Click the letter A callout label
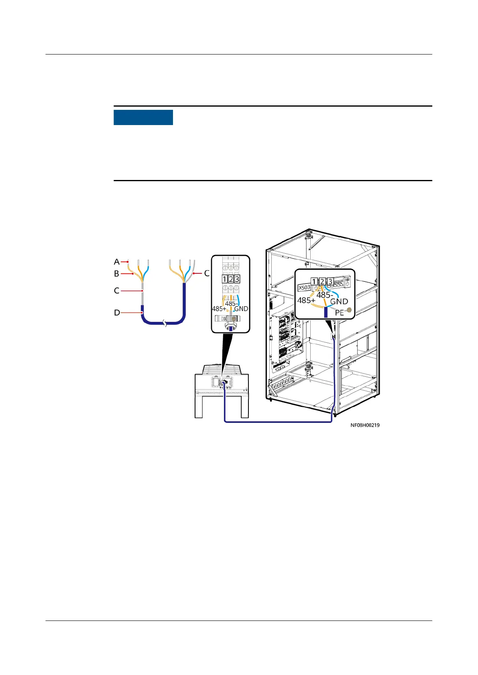click(x=117, y=262)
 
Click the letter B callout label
click(x=116, y=274)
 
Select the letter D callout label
click(x=117, y=312)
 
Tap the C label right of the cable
click(x=207, y=273)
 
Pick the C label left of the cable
click(x=116, y=291)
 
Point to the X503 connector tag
click(x=304, y=287)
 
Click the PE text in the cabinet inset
click(x=339, y=313)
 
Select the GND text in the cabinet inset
click(x=339, y=301)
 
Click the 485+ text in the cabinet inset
click(x=306, y=300)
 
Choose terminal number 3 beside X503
click(x=330, y=281)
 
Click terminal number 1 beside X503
click(x=314, y=281)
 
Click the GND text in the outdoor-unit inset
click(x=241, y=309)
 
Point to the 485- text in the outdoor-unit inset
click(x=231, y=303)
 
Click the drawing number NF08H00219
click(x=365, y=425)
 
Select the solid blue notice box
click(x=143, y=117)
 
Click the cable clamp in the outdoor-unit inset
click(x=230, y=318)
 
